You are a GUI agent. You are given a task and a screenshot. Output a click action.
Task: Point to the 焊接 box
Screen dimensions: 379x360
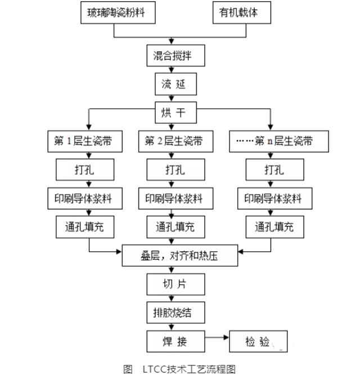[175, 340]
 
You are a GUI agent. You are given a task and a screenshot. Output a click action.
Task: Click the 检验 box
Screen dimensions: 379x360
[259, 341]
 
